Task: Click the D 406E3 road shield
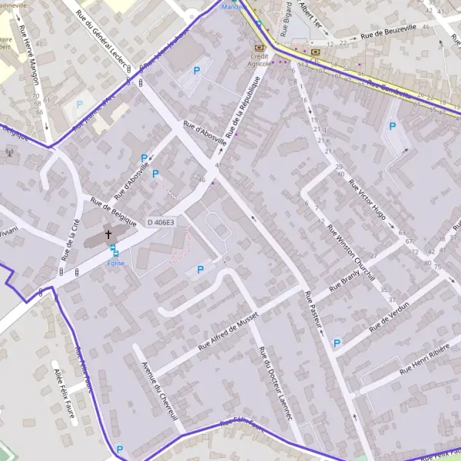[x=161, y=223]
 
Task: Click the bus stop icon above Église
[x=114, y=249]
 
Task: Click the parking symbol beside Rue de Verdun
[x=337, y=343]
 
